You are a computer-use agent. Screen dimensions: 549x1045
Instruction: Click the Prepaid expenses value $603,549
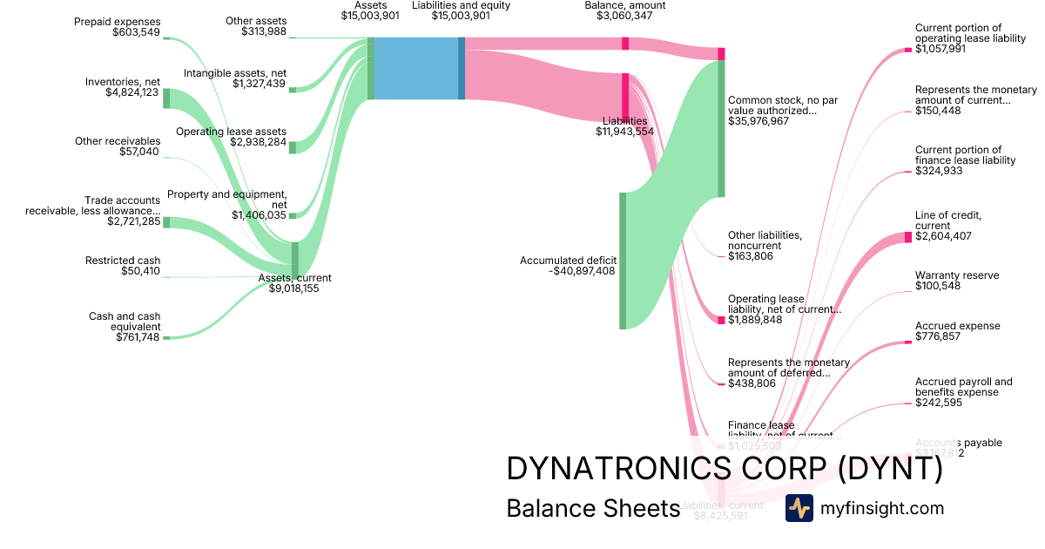(136, 33)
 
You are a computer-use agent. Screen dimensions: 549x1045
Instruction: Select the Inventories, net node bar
(166, 98)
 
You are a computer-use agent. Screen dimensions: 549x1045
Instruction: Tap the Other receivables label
(118, 141)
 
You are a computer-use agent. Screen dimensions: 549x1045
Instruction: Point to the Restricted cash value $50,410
(140, 271)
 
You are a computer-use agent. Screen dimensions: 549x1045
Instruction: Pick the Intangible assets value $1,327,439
(260, 84)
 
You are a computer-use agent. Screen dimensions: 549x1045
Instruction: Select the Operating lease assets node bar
(293, 146)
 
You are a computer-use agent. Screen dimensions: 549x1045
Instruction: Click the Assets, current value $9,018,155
(294, 288)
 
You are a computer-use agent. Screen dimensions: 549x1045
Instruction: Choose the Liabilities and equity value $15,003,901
(461, 16)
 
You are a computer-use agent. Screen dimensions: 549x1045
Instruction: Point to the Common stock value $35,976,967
(758, 121)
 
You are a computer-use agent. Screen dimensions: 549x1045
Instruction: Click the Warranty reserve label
(957, 275)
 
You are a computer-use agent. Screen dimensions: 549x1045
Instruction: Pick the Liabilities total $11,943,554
(624, 132)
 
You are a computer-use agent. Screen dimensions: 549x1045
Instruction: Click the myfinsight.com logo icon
(799, 508)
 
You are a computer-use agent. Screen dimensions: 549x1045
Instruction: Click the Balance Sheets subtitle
(592, 508)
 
